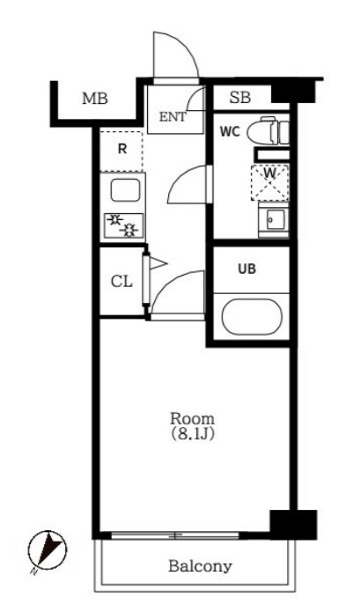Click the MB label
(x=95, y=99)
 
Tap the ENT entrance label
(x=173, y=117)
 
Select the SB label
(x=240, y=98)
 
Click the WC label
(x=230, y=132)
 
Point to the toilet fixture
(x=268, y=131)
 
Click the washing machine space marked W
(x=269, y=182)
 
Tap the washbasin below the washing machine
(x=274, y=220)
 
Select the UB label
(x=246, y=269)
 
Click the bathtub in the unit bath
(x=252, y=317)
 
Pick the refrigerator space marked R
(x=121, y=151)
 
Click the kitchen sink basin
(x=125, y=190)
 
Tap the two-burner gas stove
(x=123, y=225)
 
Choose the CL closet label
(x=121, y=282)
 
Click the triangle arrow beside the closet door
(x=158, y=263)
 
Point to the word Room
(x=193, y=418)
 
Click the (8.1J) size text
(x=193, y=434)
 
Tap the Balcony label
(x=201, y=566)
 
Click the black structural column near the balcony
(x=293, y=524)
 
